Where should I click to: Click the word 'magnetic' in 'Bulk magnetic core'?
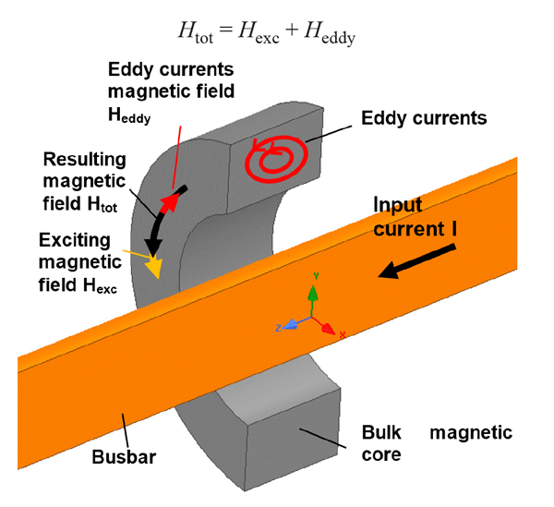tap(472, 432)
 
